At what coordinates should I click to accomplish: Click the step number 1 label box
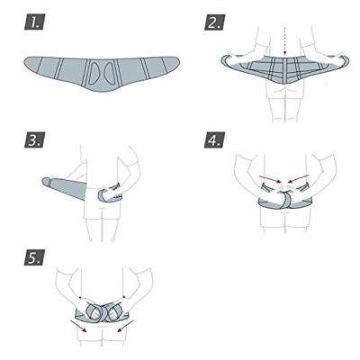click(34, 22)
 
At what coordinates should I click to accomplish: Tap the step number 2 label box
click(214, 22)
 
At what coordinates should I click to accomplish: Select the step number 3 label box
click(34, 139)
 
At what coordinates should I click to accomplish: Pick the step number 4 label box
click(214, 139)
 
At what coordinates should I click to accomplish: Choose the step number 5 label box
click(34, 257)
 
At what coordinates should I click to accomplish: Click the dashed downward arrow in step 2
click(284, 41)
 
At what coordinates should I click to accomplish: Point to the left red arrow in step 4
click(270, 179)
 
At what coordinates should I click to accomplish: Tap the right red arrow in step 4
click(298, 178)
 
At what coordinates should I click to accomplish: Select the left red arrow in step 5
click(78, 326)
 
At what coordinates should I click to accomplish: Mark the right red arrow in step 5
click(125, 326)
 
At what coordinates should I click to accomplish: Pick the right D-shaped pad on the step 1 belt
click(109, 73)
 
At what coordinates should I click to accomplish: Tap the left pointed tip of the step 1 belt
click(24, 62)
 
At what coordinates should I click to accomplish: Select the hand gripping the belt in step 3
click(109, 193)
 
